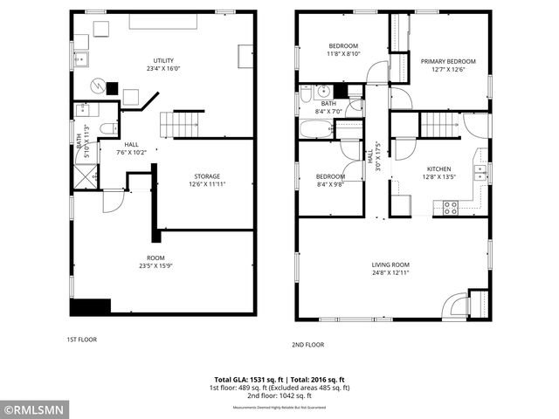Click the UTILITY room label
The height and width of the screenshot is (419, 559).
[163, 58]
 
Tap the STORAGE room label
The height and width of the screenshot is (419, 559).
[206, 175]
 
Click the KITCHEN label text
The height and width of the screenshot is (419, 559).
[438, 168]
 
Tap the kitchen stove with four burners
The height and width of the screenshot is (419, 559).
[451, 208]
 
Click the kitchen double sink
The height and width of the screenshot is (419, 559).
[480, 171]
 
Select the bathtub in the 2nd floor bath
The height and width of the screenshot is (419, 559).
[315, 130]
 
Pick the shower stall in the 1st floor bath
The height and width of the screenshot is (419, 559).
[85, 175]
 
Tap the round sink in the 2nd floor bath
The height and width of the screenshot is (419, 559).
[321, 90]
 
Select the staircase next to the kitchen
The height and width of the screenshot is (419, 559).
[440, 125]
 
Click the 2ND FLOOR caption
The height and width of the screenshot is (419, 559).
[308, 344]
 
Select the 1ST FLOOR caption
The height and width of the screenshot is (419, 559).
[82, 339]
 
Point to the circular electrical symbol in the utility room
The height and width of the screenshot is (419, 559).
[100, 86]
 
